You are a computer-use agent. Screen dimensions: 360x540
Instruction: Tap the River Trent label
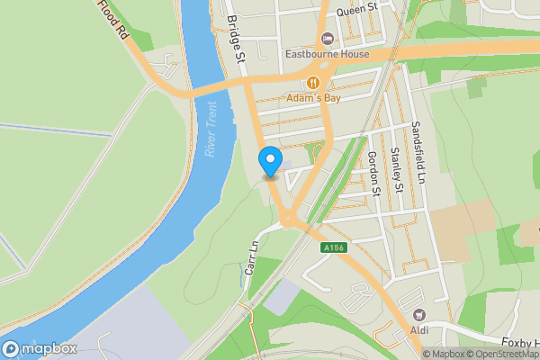[x=211, y=130]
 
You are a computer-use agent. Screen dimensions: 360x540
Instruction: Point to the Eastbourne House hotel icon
[x=326, y=39]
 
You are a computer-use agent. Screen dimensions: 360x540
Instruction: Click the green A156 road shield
[x=332, y=247]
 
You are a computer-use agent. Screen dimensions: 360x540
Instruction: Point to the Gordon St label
[x=373, y=173]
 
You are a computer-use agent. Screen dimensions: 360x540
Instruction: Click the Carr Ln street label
[x=251, y=264]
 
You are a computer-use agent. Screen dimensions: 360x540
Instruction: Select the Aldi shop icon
[x=418, y=315]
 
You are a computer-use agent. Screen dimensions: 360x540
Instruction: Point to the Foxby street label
[x=520, y=343]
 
